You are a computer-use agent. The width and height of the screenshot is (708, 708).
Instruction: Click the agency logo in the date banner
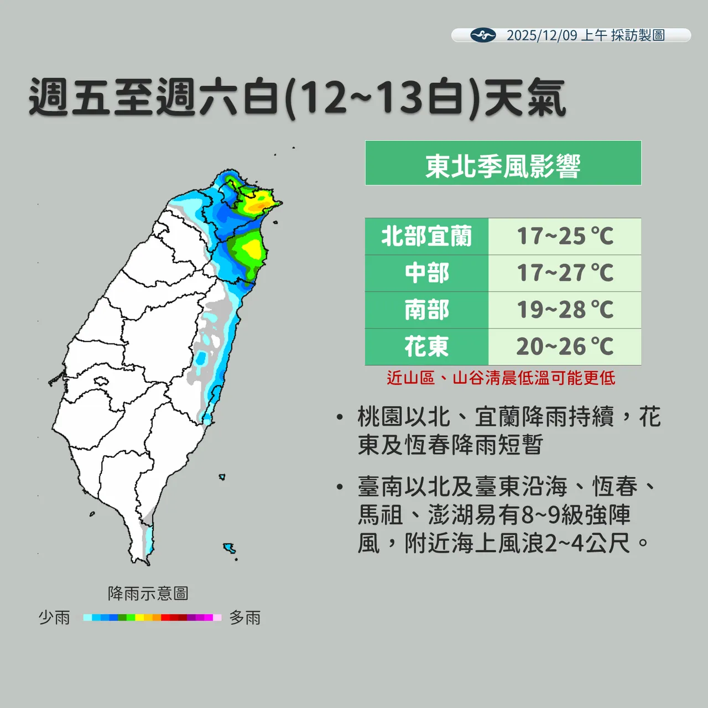pyautogui.click(x=483, y=35)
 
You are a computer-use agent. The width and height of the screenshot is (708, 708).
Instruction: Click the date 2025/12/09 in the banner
pyautogui.click(x=542, y=35)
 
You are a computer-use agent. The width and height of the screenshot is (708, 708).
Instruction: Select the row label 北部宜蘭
pyautogui.click(x=426, y=237)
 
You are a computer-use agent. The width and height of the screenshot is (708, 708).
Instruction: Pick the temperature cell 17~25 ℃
pyautogui.click(x=565, y=237)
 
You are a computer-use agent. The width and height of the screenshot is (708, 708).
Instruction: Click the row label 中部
pyautogui.click(x=426, y=273)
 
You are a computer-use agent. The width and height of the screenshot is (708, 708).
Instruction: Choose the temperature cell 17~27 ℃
pyautogui.click(x=565, y=273)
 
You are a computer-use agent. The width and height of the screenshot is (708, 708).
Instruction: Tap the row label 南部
pyautogui.click(x=426, y=310)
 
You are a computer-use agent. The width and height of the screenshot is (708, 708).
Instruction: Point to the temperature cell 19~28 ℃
pyautogui.click(x=565, y=310)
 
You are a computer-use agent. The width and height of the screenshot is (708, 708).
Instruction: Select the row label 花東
pyautogui.click(x=426, y=347)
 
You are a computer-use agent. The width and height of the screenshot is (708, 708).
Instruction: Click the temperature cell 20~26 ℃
pyautogui.click(x=565, y=347)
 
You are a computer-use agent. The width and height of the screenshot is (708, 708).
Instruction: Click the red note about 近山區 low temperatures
pyautogui.click(x=501, y=378)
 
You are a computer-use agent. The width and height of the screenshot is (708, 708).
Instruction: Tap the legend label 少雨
pyautogui.click(x=54, y=617)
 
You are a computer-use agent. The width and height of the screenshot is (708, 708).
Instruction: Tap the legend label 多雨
pyautogui.click(x=245, y=617)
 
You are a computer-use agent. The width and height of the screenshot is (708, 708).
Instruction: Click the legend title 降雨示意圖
pyautogui.click(x=148, y=594)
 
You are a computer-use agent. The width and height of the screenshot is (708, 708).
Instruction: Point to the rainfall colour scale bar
pyautogui.click(x=152, y=617)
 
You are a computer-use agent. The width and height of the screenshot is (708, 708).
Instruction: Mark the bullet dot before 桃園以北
pyautogui.click(x=340, y=417)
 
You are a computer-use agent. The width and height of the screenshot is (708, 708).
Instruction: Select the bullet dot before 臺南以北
pyautogui.click(x=340, y=487)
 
